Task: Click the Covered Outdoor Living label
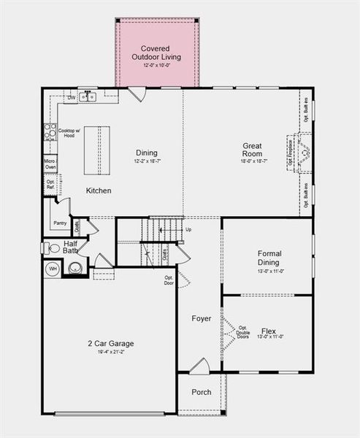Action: (156, 53)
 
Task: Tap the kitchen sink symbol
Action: (88, 96)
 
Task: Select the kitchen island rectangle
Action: (96, 150)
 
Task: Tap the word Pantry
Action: (60, 223)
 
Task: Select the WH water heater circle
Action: (53, 269)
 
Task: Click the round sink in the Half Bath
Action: (75, 268)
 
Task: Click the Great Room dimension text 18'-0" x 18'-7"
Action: (252, 161)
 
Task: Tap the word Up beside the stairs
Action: (188, 229)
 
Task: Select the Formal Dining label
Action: (269, 258)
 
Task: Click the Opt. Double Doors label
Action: (242, 332)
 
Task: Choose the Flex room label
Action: (269, 329)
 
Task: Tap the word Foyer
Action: (201, 318)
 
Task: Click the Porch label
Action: (202, 392)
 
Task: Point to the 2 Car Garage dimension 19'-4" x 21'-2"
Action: (110, 353)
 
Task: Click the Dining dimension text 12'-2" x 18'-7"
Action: (146, 161)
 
